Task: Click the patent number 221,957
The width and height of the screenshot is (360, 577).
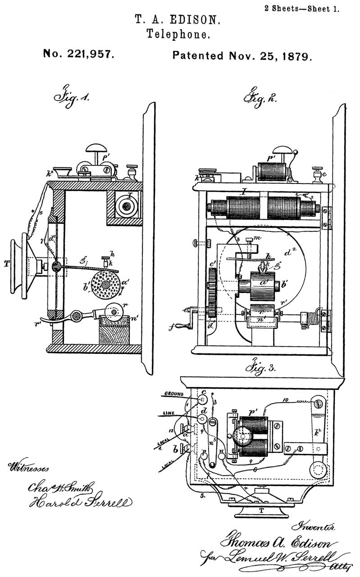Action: (78, 55)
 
